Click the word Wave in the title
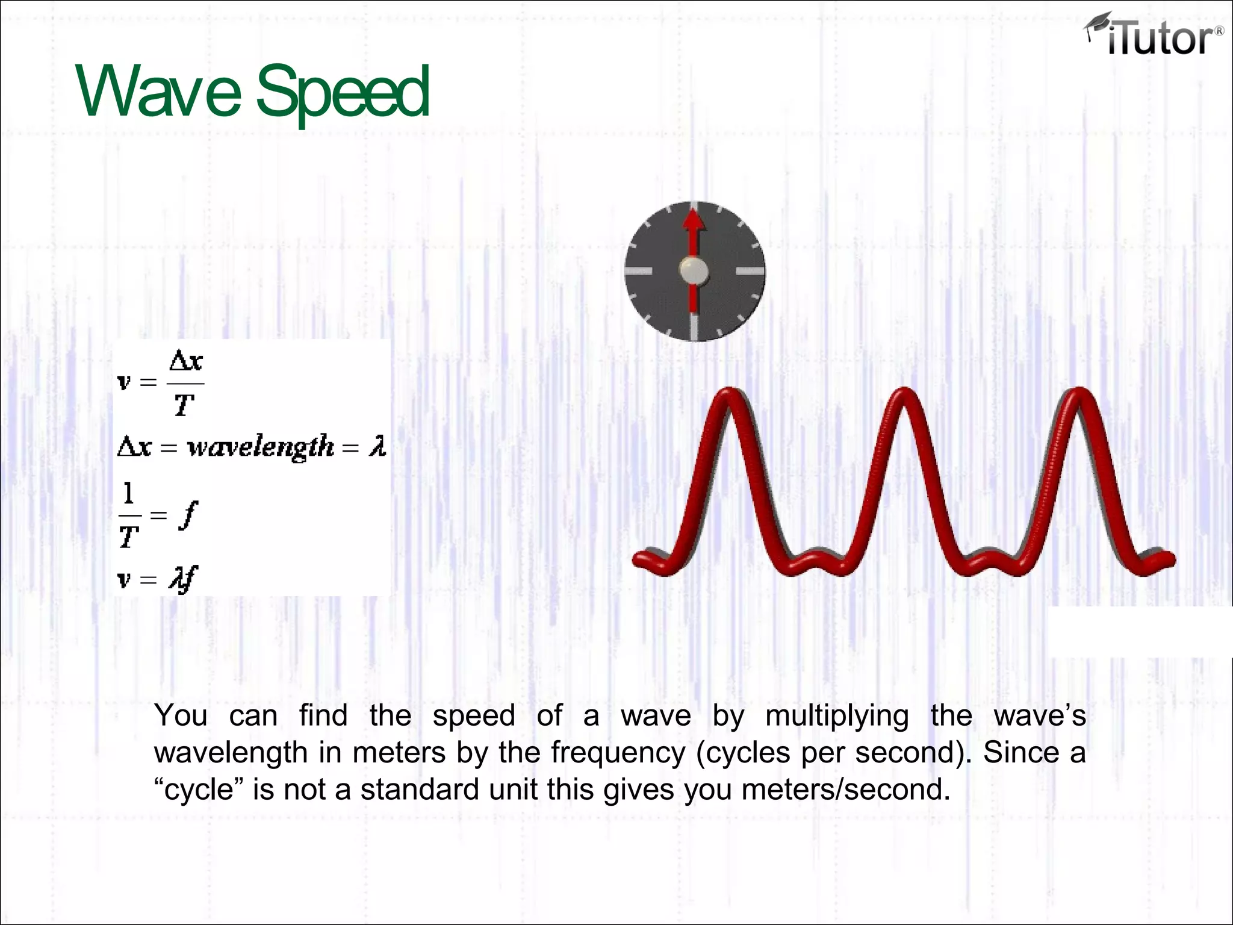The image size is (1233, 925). pos(158,92)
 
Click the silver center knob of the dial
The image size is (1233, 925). pos(694,270)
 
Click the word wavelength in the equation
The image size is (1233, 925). pos(260,447)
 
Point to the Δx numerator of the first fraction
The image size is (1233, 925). pos(186,361)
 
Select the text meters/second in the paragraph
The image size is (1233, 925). pos(845,790)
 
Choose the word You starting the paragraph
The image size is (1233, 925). pos(181,715)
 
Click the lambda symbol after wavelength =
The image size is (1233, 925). pos(377,447)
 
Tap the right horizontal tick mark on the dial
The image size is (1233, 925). pos(750,271)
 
